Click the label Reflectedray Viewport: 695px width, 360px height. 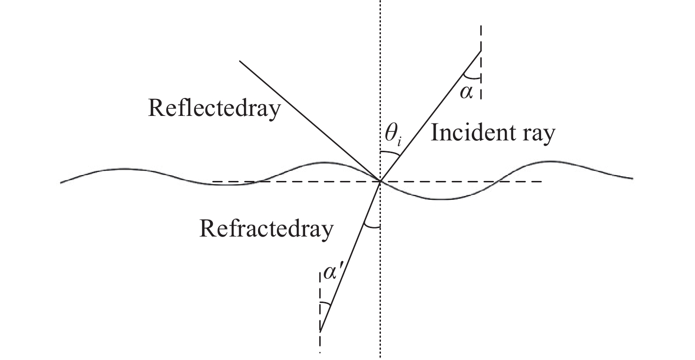pos(214,108)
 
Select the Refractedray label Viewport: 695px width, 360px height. pos(267,229)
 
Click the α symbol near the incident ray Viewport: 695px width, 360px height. pos(466,93)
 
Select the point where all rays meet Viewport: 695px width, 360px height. pos(380,180)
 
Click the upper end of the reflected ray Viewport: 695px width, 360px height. pos(240,61)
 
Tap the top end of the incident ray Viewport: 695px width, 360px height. pos(480,50)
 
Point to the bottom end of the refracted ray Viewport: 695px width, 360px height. pos(320,332)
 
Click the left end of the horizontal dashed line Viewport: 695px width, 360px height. pos(213,181)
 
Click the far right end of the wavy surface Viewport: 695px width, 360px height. pos(632,179)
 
